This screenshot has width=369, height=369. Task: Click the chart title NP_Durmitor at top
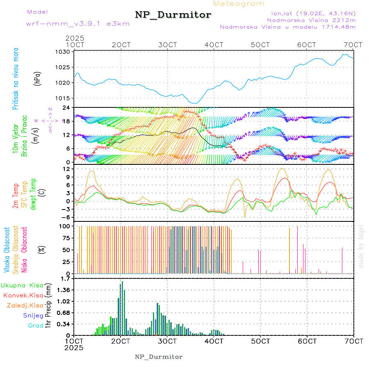(173, 15)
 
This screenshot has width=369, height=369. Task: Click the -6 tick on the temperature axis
(66, 217)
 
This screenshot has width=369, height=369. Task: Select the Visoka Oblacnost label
(7, 250)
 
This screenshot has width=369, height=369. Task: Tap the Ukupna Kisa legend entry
(22, 285)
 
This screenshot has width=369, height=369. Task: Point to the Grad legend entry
(35, 326)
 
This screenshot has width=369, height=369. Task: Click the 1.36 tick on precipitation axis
(63, 290)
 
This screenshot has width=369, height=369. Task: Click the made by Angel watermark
(361, 246)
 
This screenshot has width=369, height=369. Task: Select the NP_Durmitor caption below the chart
(159, 357)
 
